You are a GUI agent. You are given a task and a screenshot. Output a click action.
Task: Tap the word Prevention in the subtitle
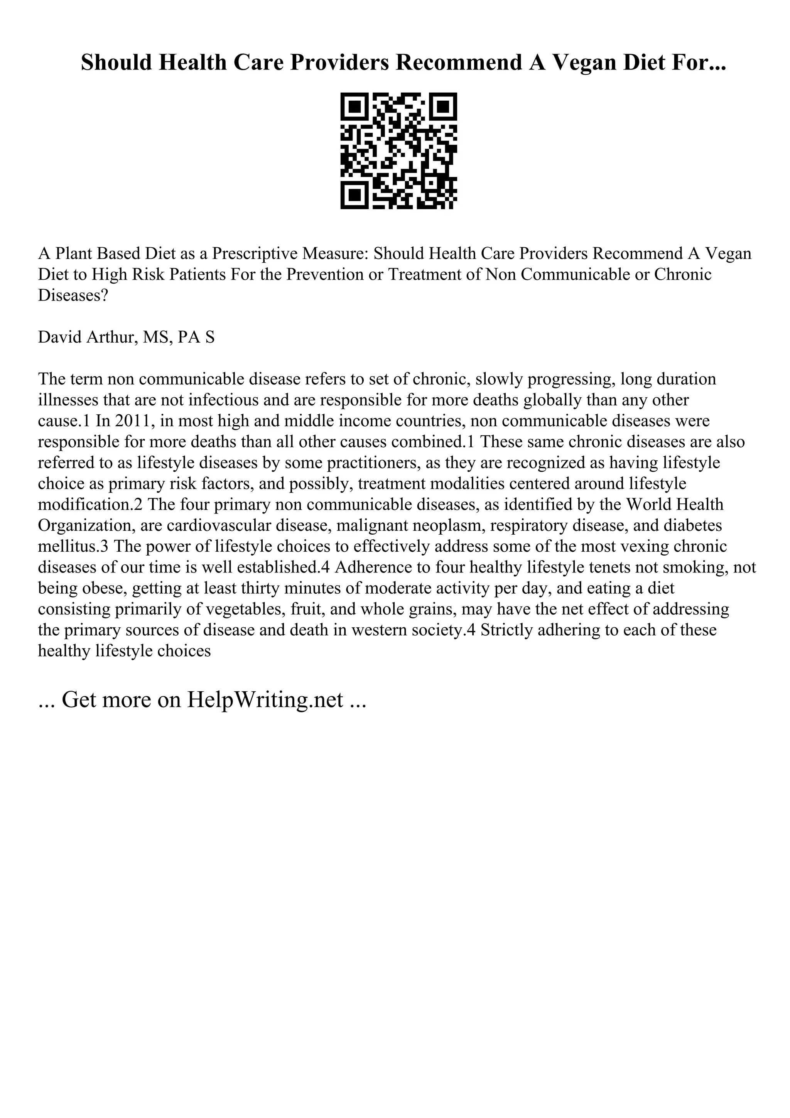321,274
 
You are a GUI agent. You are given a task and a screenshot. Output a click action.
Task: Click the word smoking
697,567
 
